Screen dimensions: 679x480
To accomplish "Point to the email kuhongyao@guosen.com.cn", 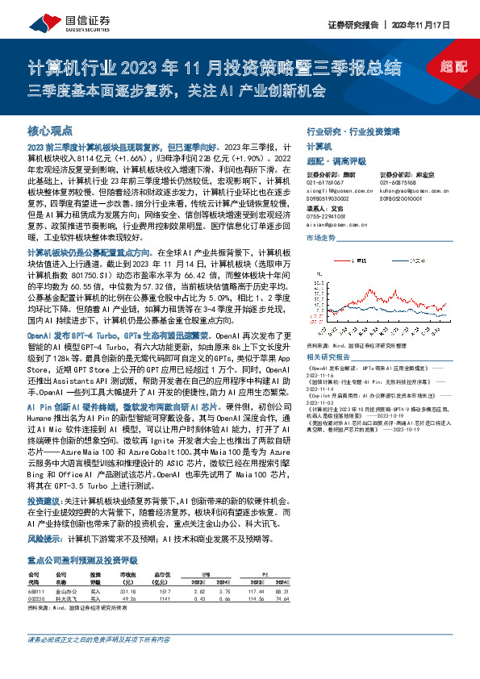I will (412, 189).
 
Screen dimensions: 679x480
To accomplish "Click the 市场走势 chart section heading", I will (321, 238).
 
